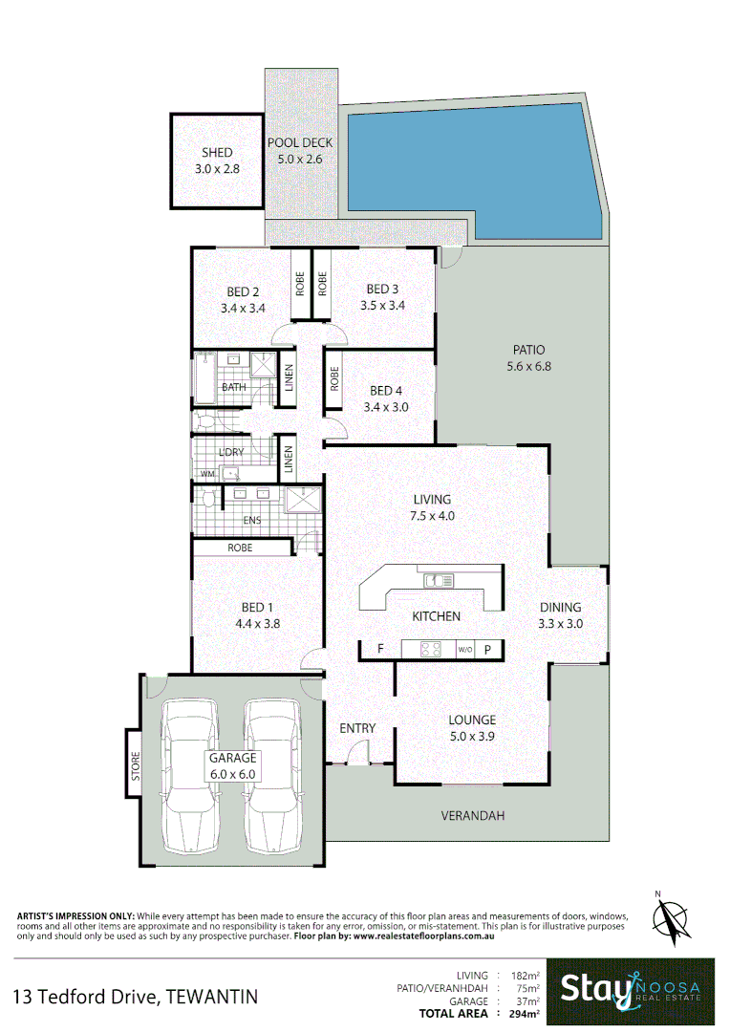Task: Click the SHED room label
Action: (216, 153)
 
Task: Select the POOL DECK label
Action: (301, 143)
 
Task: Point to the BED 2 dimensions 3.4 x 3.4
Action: (242, 309)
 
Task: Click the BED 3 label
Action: (382, 290)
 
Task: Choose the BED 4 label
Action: (387, 390)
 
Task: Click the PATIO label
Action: (527, 350)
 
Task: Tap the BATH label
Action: (233, 387)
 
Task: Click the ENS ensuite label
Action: (252, 521)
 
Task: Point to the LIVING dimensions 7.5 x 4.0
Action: (432, 516)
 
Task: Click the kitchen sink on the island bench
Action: (439, 579)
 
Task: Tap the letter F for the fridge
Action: (380, 650)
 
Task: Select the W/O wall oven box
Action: (465, 650)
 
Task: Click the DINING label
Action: (560, 607)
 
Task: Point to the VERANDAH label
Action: (472, 816)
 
